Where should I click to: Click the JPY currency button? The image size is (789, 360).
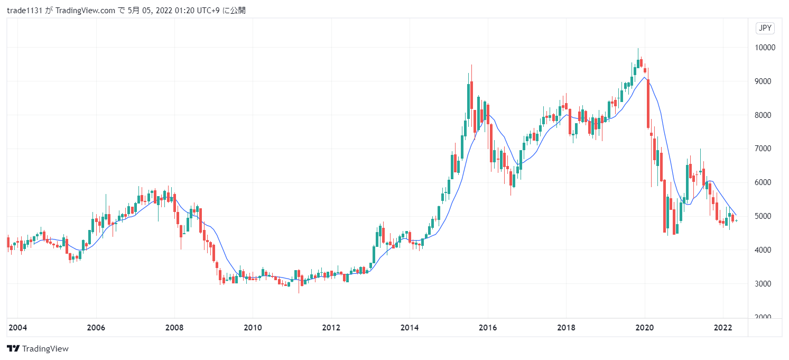[765, 29]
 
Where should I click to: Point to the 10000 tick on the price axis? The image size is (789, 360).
[765, 48]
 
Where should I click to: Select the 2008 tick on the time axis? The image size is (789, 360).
[174, 328]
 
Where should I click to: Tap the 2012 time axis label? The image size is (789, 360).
[331, 328]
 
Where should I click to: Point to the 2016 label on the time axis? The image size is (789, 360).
[488, 328]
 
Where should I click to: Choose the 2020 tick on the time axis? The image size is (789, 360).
[645, 328]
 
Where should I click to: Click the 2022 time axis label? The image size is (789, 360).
[723, 328]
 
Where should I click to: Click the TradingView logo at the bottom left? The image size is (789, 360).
[38, 349]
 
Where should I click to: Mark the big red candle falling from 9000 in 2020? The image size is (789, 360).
[648, 103]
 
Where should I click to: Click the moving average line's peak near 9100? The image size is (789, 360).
[644, 78]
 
